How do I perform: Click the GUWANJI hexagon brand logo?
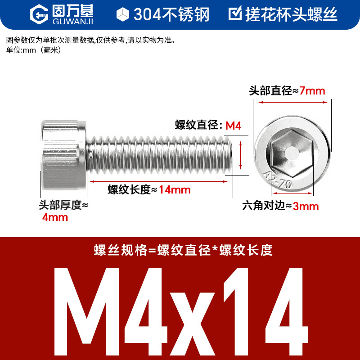pyautogui.click(x=39, y=14)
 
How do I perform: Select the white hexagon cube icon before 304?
pyautogui.click(x=123, y=14)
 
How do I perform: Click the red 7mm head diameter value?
pyautogui.click(x=312, y=91)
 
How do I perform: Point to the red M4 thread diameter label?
pyautogui.click(x=233, y=126)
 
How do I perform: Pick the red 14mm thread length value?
pyautogui.click(x=175, y=190)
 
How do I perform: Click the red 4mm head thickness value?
pyautogui.click(x=55, y=217)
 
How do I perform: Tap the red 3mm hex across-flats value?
pyautogui.click(x=306, y=207)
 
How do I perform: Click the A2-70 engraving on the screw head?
pyautogui.click(x=277, y=180)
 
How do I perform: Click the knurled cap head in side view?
pyautogui.click(x=64, y=155)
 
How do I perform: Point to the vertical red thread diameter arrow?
pyautogui.click(x=240, y=155)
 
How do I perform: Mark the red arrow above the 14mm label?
pyautogui.click(x=159, y=181)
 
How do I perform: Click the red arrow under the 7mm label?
pyautogui.click(x=293, y=102)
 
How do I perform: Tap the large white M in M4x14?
pyautogui.click(x=86, y=311)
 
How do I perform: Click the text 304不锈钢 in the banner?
pyautogui.click(x=171, y=14)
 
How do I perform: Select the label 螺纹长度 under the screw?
pyautogui.click(x=129, y=190)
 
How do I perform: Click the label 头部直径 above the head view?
pyautogui.click(x=270, y=91)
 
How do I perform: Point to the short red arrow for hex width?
pyautogui.click(x=292, y=193)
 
